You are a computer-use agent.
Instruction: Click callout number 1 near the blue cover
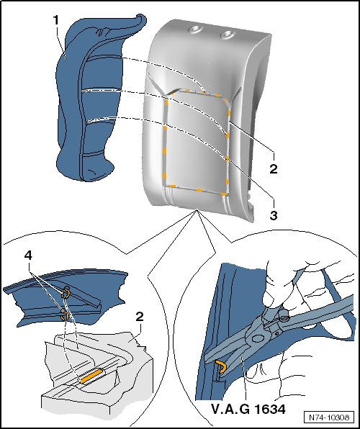(56, 20)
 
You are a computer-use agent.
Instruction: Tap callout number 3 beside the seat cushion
(274, 214)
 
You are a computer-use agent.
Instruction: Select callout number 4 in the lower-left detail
(28, 256)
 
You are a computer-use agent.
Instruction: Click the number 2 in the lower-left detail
(140, 317)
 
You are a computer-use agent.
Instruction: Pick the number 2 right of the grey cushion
(273, 168)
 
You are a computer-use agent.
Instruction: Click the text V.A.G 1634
(248, 410)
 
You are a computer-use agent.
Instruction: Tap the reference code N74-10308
(329, 417)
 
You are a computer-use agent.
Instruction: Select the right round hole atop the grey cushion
(228, 35)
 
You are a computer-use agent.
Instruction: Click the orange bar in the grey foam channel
(91, 376)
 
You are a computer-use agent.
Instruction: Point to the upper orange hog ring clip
(66, 294)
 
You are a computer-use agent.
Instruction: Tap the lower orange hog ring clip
(65, 315)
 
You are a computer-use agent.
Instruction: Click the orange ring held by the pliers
(221, 366)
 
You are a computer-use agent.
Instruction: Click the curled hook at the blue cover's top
(140, 19)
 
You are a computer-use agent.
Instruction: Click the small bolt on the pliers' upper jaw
(284, 319)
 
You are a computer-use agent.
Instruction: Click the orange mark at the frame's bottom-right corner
(225, 194)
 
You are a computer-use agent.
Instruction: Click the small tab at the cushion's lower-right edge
(249, 197)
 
